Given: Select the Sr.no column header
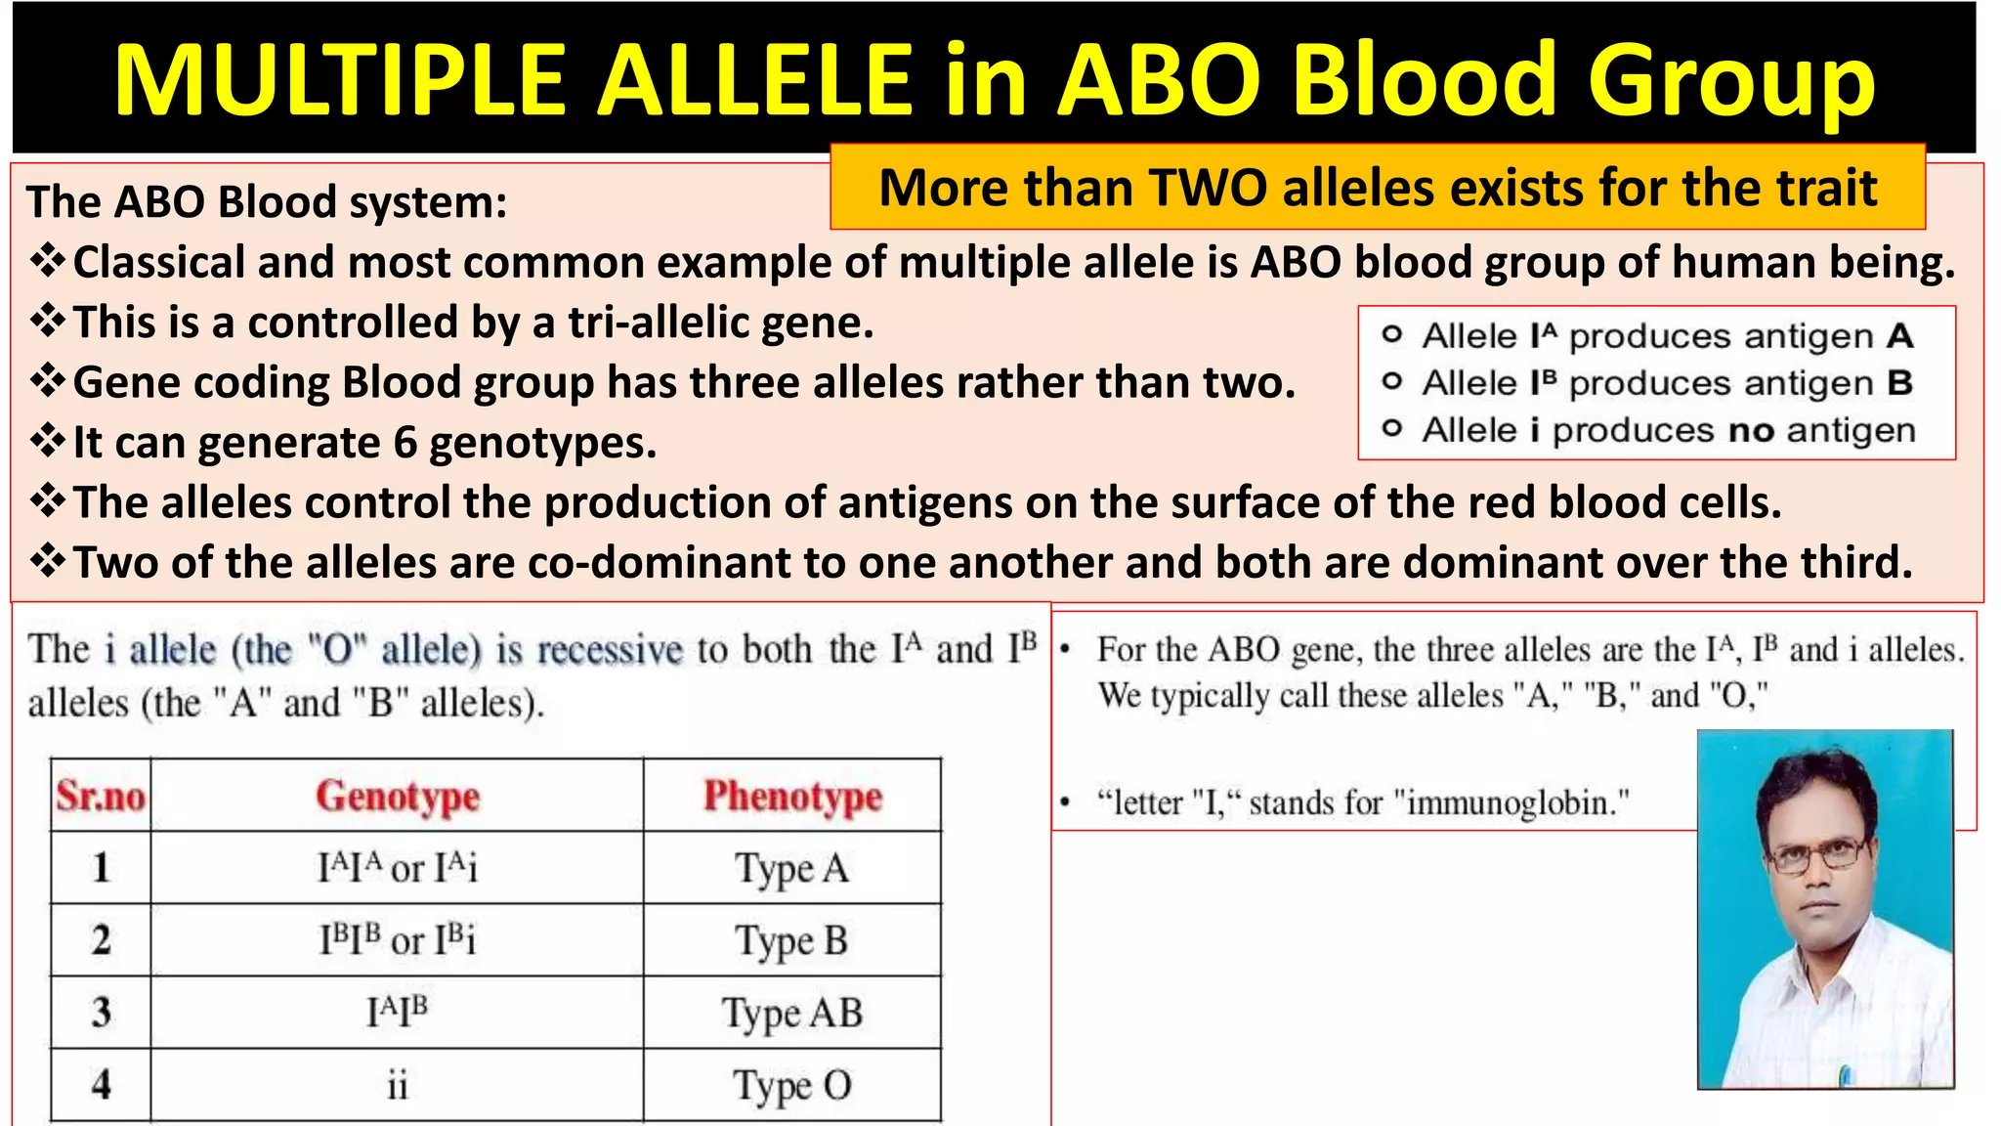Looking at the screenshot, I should click(x=101, y=796).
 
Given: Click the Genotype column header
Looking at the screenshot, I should click(x=398, y=796).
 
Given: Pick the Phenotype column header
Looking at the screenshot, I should click(x=792, y=796).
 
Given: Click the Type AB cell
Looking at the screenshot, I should click(x=792, y=1013).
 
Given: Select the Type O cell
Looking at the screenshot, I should click(x=792, y=1085).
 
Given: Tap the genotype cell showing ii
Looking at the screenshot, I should click(x=397, y=1085).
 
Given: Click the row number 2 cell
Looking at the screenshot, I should click(x=101, y=940).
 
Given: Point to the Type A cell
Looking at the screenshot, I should click(x=792, y=868).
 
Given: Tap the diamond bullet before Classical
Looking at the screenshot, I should click(x=47, y=261).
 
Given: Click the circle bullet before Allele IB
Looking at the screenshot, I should click(x=1392, y=382).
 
